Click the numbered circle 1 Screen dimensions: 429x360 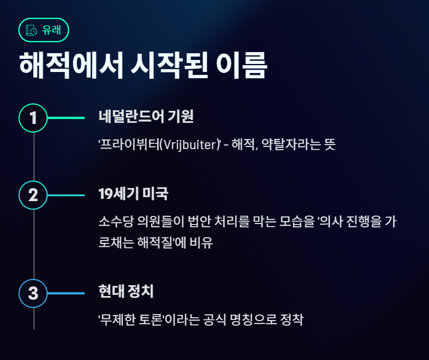pos(33,118)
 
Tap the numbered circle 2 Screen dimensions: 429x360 pos(33,195)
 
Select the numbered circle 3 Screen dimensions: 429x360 pos(33,293)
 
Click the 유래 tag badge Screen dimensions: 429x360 pos(44,30)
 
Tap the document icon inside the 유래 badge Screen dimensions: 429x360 pos(32,30)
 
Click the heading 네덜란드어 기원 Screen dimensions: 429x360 pos(146,117)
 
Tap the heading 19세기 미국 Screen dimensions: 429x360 pos(133,194)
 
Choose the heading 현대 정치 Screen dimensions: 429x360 pos(126,292)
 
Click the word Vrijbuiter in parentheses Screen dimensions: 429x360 pos(188,145)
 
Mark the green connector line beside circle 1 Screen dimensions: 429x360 pos(66,118)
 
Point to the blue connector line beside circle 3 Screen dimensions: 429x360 pos(66,293)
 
